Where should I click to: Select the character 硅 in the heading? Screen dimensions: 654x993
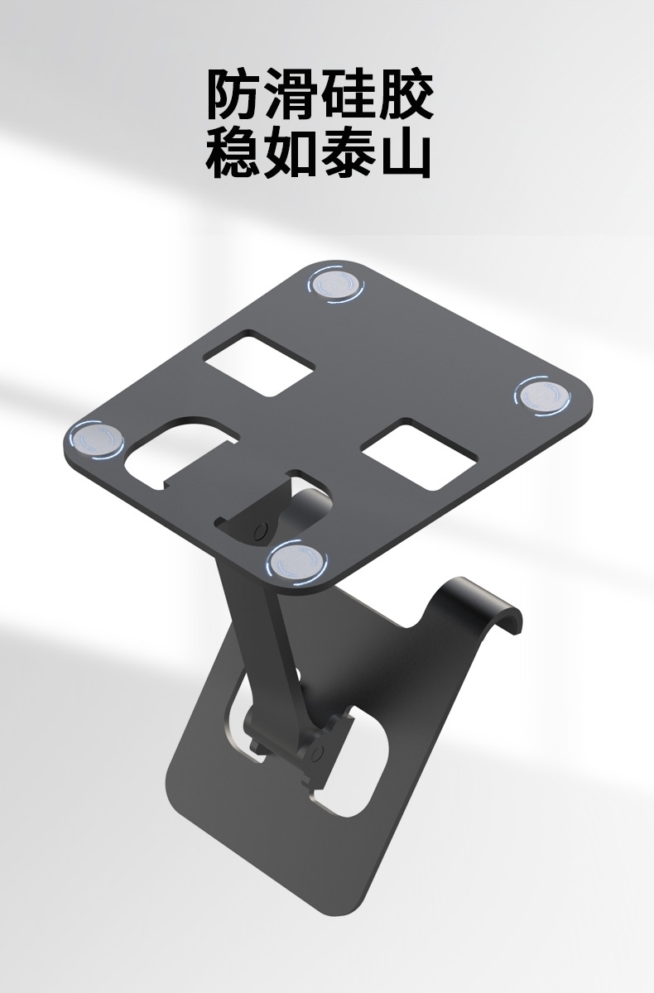(x=348, y=95)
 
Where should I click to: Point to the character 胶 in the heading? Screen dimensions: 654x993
(x=405, y=95)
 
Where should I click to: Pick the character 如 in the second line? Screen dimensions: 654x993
(x=291, y=152)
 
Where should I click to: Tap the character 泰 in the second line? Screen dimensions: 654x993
(x=348, y=152)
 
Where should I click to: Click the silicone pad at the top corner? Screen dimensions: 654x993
(x=335, y=285)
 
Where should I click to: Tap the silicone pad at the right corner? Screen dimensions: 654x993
(x=541, y=396)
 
